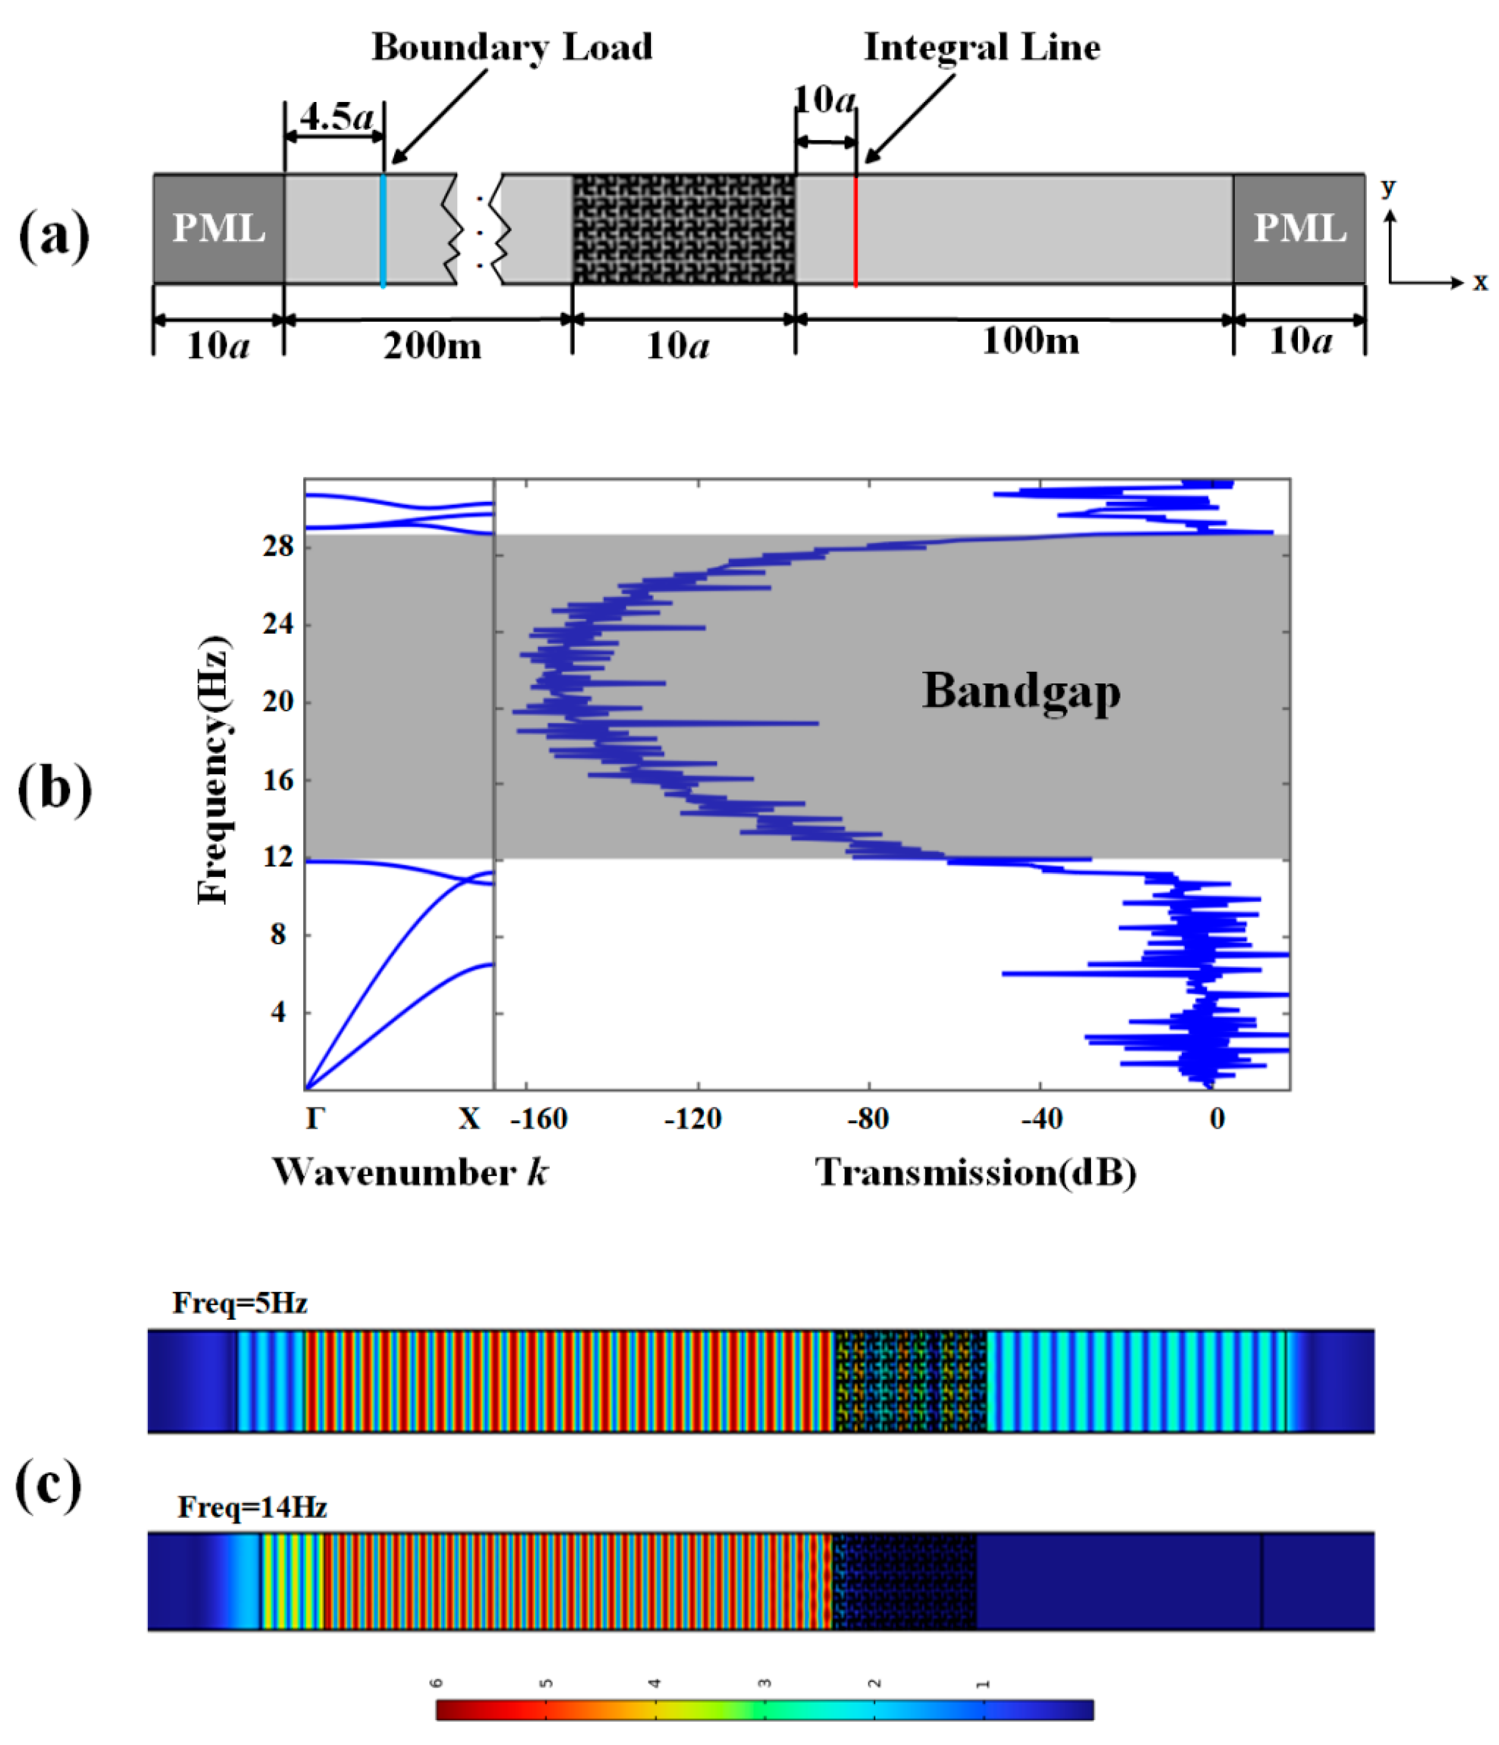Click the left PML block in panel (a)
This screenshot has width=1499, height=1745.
(x=218, y=228)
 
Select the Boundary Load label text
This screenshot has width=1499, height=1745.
(x=511, y=47)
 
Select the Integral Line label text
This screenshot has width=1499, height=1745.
(x=982, y=47)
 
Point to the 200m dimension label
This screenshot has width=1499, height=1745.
(x=432, y=345)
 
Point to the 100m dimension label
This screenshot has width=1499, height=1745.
(x=1030, y=341)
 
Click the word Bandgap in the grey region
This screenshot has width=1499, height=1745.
(x=1021, y=691)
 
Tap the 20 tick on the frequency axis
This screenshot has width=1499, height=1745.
(x=278, y=702)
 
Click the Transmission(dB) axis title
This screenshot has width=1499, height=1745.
(x=975, y=1172)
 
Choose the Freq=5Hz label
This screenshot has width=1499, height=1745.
(x=239, y=1303)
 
